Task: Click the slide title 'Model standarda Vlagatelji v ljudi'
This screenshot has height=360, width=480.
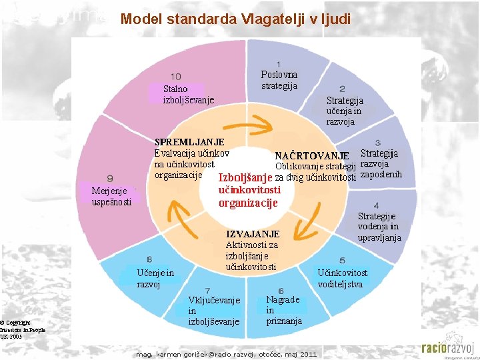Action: point(235,19)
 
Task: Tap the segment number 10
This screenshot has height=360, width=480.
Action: point(176,77)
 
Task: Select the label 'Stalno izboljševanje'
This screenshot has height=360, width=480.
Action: point(188,95)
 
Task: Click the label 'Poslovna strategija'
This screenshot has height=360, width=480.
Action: point(279,80)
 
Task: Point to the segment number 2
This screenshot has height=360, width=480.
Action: point(342,89)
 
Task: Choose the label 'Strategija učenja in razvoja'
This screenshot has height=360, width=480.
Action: point(345,111)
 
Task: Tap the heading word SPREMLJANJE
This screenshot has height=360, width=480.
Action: point(189,142)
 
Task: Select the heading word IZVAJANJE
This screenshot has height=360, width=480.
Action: point(253,234)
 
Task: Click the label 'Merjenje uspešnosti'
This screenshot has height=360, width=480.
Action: point(111,196)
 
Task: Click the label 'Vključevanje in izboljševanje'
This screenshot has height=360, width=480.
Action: point(213,311)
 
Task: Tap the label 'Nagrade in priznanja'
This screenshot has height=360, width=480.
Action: point(283,310)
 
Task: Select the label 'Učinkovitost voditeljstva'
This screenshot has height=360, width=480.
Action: point(342,278)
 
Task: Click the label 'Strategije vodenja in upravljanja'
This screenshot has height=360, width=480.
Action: point(379,227)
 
